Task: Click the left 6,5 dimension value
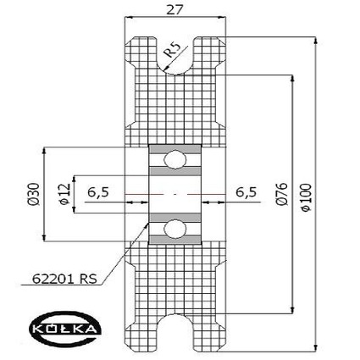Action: pos(98,192)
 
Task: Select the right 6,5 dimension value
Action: pos(246,192)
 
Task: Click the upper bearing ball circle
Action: pos(175,159)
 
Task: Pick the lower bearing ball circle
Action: pos(175,228)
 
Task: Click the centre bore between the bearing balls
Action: pos(175,194)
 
